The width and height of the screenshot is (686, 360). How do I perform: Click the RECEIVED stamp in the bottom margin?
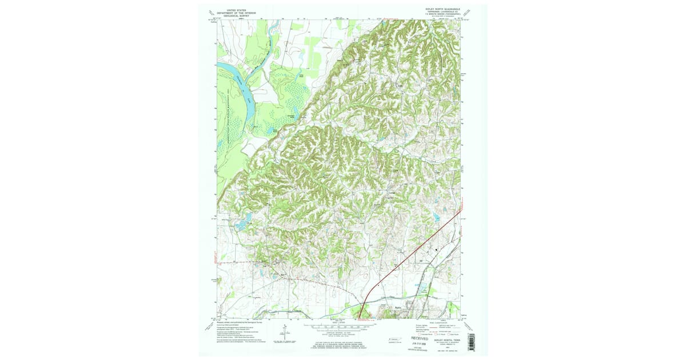[422, 338]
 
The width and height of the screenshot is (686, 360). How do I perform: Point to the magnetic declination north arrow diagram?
[284, 330]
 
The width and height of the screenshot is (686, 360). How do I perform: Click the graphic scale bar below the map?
[338, 328]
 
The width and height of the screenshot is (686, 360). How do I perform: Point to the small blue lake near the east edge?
[437, 217]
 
